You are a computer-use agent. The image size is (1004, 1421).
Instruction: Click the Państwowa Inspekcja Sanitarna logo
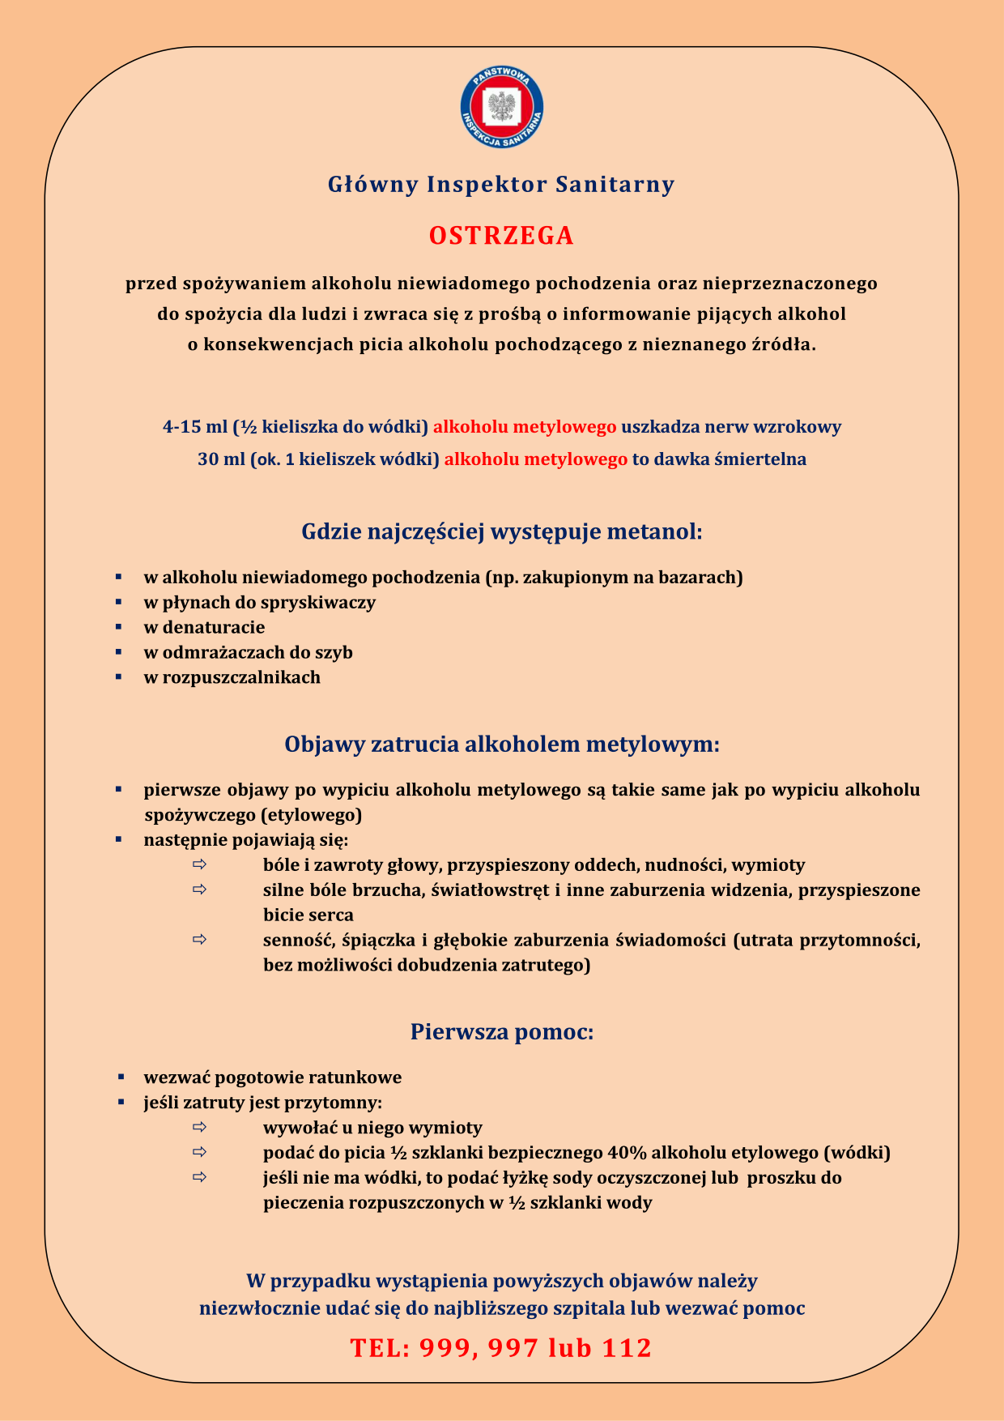click(x=501, y=109)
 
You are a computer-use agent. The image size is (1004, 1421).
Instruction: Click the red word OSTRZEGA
click(x=501, y=236)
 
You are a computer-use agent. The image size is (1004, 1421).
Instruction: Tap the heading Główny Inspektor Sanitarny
click(x=501, y=185)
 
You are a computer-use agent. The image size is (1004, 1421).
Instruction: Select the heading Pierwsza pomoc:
click(x=502, y=1032)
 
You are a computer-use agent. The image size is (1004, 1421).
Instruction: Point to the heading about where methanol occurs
click(x=502, y=532)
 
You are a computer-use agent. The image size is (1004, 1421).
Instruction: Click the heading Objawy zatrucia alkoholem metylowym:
click(x=502, y=744)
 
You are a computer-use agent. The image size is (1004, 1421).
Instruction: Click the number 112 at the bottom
click(x=627, y=1348)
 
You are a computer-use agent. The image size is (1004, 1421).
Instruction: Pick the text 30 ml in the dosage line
click(x=221, y=459)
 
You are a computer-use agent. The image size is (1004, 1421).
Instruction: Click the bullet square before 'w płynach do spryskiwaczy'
click(x=118, y=602)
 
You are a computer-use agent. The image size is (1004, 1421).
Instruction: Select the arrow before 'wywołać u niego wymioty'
click(x=199, y=1127)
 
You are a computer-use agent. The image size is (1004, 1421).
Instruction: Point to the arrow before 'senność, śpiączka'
click(x=199, y=940)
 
